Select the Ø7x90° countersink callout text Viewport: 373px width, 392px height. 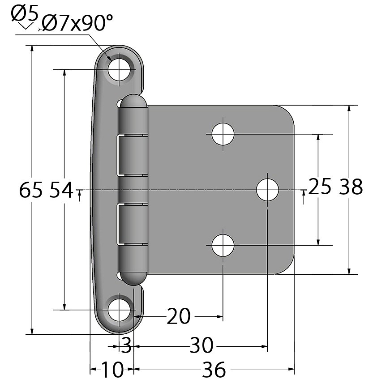pos(77,23)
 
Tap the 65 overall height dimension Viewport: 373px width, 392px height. pos(30,190)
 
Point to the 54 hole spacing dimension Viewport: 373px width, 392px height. pos(61,190)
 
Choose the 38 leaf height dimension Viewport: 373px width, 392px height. pos(351,187)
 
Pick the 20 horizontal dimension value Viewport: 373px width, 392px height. pos(178,316)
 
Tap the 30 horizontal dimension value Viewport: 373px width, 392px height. pos(202,345)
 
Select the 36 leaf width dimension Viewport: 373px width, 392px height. pos(214,369)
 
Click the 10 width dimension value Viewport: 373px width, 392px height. pos(112,369)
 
